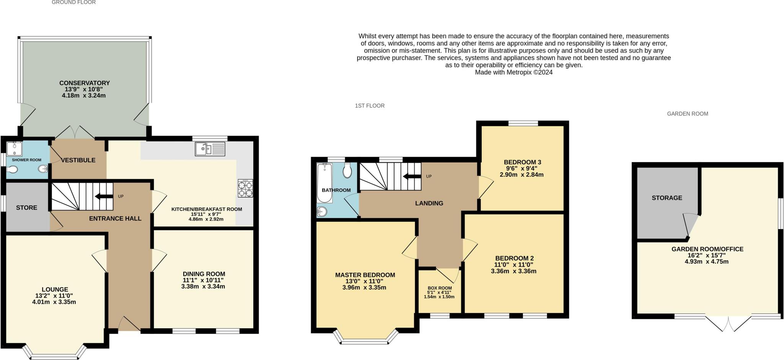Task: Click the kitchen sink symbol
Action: click(x=210, y=149)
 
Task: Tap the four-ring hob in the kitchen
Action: click(x=245, y=188)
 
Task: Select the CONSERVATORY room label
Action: click(x=84, y=83)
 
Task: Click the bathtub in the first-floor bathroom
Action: click(x=324, y=182)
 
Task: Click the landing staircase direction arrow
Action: click(x=411, y=176)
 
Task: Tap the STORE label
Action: click(x=27, y=208)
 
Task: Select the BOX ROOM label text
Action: click(x=439, y=288)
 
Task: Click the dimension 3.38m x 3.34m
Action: click(x=203, y=287)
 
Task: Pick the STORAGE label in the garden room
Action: click(x=667, y=198)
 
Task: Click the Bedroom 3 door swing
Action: click(x=485, y=187)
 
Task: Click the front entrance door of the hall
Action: click(x=129, y=324)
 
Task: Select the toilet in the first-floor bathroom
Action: click(x=347, y=171)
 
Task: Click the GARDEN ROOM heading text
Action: click(x=688, y=114)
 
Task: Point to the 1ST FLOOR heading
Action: click(x=369, y=106)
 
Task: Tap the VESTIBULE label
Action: click(x=78, y=160)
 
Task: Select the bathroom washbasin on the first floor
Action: click(x=322, y=211)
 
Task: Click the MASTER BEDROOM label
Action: click(x=365, y=275)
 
